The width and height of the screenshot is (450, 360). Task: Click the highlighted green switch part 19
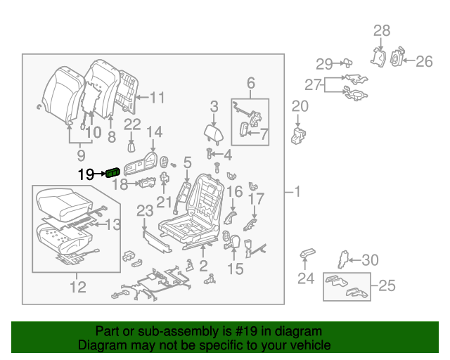pos(112,174)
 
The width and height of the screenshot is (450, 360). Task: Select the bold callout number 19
pos(86,174)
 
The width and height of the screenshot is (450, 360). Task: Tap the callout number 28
pos(381,30)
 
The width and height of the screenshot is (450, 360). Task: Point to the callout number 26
pos(424,62)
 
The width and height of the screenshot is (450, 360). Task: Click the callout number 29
pos(324,65)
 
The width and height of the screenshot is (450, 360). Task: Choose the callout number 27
pos(312,85)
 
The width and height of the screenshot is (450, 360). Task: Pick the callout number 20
pos(300,106)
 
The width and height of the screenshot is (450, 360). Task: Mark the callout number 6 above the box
pos(250,84)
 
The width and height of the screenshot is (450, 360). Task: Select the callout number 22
pos(133,125)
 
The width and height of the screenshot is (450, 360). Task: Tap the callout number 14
pos(154,132)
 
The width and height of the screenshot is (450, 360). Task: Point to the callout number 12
pos(77,286)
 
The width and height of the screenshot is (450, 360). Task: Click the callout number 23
pos(145,211)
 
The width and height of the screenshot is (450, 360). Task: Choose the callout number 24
pos(305,278)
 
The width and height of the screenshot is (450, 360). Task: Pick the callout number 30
pos(369,260)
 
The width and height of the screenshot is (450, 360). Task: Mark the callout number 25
pos(387,285)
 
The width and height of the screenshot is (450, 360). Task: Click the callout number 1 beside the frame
pos(297,191)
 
